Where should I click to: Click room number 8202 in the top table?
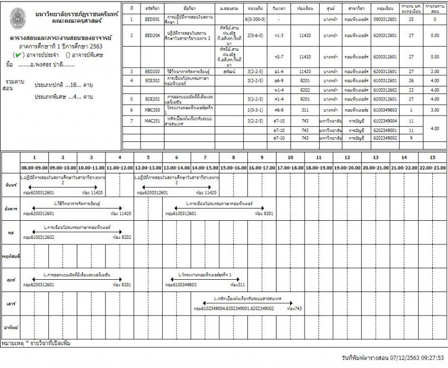point(304,90)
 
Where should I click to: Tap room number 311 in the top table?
point(304,109)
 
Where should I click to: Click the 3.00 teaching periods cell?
point(433,109)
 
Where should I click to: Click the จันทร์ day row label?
point(9,184)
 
